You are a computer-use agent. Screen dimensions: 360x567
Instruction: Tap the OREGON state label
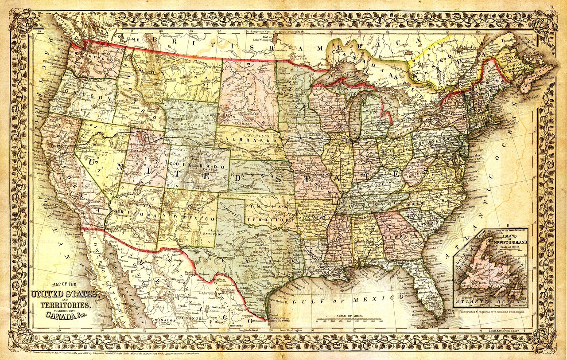click(x=86, y=97)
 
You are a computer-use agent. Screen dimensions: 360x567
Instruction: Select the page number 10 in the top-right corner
click(x=551, y=7)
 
